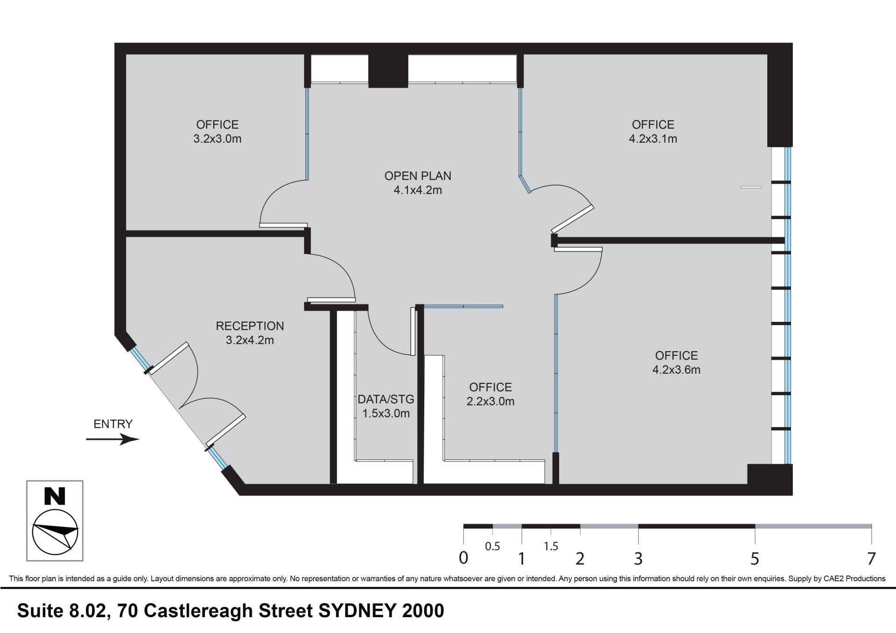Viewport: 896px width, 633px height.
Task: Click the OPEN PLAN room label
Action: point(418,176)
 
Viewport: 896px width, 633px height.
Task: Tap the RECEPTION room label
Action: point(250,326)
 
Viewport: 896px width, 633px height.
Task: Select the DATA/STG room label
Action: point(386,399)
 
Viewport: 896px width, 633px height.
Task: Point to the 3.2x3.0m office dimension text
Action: point(217,139)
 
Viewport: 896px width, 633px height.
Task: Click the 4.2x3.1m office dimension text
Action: point(653,139)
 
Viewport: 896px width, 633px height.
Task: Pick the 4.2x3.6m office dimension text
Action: point(676,370)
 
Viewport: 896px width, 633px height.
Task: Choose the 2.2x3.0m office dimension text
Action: point(490,402)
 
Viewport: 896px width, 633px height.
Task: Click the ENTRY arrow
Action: point(112,439)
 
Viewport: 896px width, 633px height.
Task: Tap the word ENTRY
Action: point(113,424)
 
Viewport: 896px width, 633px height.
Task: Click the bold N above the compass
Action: point(55,496)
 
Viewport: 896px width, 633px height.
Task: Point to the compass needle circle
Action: point(55,532)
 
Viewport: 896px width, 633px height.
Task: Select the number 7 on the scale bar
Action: point(871,558)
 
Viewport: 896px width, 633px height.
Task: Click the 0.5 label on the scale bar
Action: point(492,546)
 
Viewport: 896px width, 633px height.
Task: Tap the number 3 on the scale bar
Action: point(638,558)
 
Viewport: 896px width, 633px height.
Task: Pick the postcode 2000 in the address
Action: point(423,611)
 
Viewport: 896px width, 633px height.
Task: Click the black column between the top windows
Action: point(388,71)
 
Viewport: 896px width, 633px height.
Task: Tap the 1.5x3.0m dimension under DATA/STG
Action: point(386,413)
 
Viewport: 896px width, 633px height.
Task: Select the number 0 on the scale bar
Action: point(463,558)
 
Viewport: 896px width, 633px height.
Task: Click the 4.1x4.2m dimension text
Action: point(418,190)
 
